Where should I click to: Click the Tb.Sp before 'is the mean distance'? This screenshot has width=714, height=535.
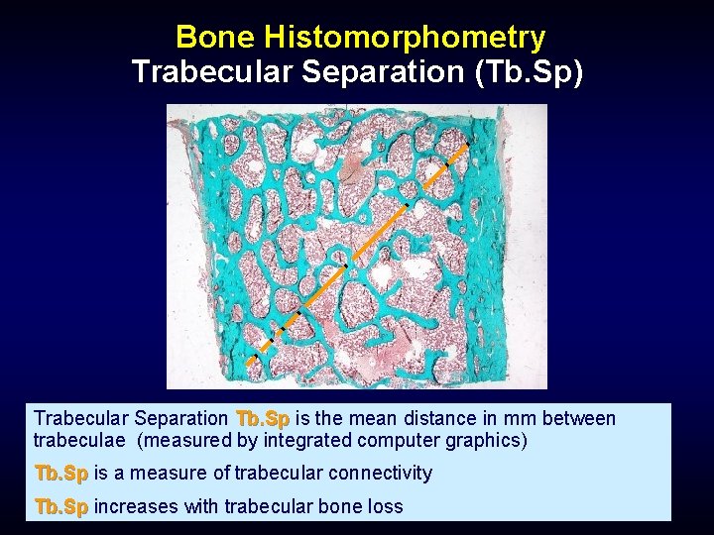click(263, 419)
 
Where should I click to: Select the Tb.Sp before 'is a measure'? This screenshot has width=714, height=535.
click(61, 473)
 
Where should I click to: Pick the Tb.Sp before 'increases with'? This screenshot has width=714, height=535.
click(61, 506)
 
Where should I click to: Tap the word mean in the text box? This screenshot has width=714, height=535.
click(373, 419)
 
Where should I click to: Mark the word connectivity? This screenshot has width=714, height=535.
click(385, 473)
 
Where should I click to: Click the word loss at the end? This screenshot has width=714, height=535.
click(385, 506)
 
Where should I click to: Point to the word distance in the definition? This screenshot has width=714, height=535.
click(446, 419)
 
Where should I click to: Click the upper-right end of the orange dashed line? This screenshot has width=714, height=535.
click(465, 146)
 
